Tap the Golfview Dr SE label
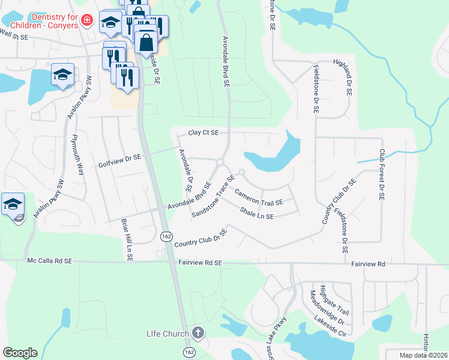[119, 160]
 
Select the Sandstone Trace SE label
[212, 196]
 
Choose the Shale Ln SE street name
[256, 212]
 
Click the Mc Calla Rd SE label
[49, 261]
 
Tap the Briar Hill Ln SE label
[128, 239]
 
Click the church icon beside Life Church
[199, 333]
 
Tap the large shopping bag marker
[146, 42]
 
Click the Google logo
[20, 353]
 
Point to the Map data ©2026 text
[423, 355]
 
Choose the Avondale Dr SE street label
[184, 170]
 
